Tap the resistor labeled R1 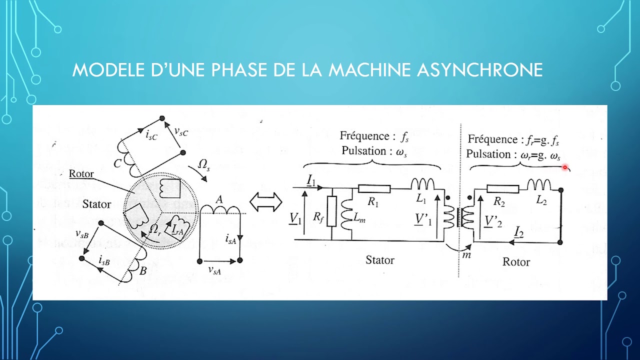point(374,188)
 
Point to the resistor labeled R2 point(501,188)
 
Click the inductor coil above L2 point(538,185)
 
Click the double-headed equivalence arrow point(266,203)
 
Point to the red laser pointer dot point(565,167)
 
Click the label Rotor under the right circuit point(515,262)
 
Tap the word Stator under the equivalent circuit point(380,260)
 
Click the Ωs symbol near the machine point(204,165)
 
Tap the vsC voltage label point(181,131)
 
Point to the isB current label point(104,260)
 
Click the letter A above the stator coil point(218,200)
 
